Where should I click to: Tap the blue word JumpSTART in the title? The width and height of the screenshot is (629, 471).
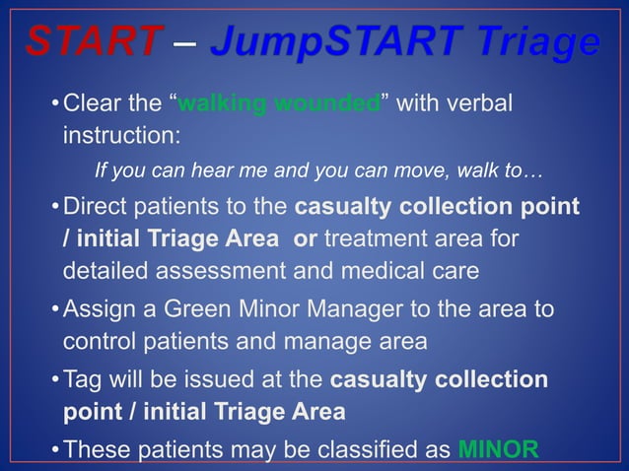pos(324,41)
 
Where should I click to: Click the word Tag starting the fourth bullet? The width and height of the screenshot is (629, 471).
pos(83,379)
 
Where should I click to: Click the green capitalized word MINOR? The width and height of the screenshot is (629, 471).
pos(499,450)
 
